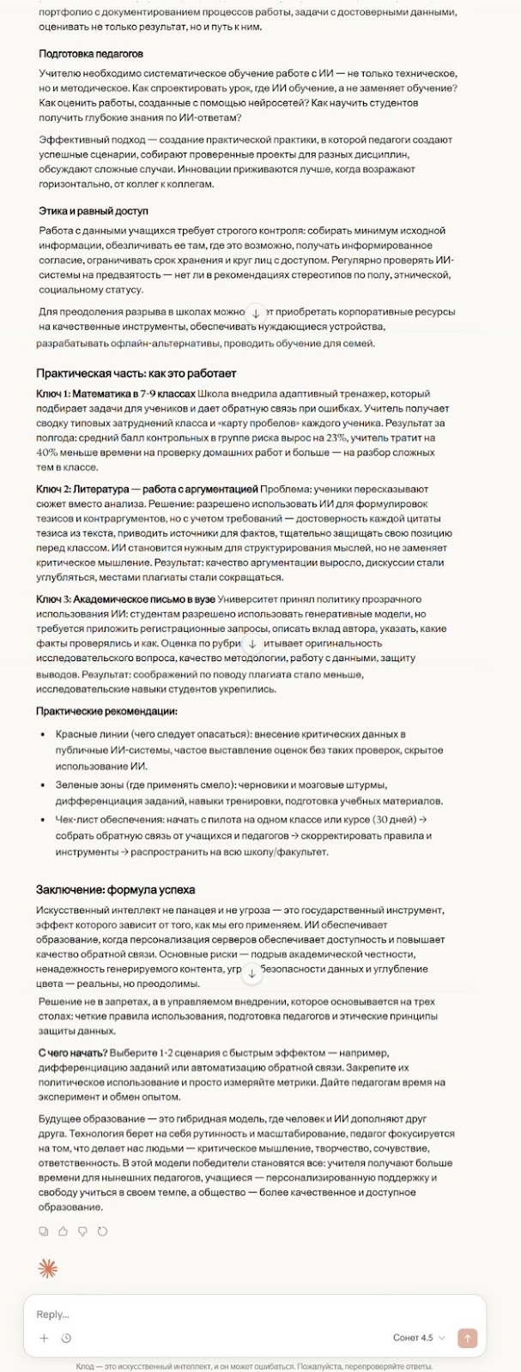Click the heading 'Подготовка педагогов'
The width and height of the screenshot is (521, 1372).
pyautogui.click(x=91, y=54)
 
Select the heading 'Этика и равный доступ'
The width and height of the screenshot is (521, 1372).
pyautogui.click(x=94, y=211)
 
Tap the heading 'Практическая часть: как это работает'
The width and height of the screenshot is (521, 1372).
pyautogui.click(x=136, y=374)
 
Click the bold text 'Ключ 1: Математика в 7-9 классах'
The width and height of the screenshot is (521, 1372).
pyautogui.click(x=116, y=394)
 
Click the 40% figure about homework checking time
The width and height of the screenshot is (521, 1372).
pyautogui.click(x=47, y=453)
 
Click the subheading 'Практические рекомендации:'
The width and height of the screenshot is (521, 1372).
pyautogui.click(x=106, y=712)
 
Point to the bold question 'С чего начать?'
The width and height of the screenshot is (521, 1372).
pyautogui.click(x=73, y=1053)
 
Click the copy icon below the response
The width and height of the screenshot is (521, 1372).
pyautogui.click(x=44, y=1231)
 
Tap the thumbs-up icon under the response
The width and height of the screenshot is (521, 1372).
pyautogui.click(x=63, y=1231)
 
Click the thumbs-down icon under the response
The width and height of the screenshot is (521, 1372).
pyautogui.click(x=82, y=1231)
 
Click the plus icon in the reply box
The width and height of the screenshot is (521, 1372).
pyautogui.click(x=44, y=1338)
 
